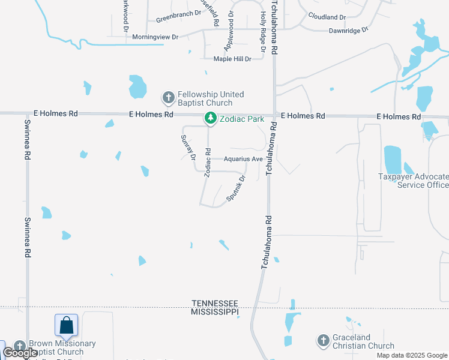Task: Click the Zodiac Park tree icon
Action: (x=210, y=119)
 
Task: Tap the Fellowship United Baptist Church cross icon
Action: (x=168, y=97)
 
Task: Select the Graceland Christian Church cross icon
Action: (x=323, y=341)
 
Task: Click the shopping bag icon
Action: (x=66, y=326)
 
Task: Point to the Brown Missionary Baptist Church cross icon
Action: (x=20, y=347)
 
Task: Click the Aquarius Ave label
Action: (x=243, y=159)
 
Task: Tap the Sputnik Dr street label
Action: (x=236, y=189)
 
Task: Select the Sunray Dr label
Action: (x=188, y=147)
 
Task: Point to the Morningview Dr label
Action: (x=155, y=37)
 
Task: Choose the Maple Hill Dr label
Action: (x=232, y=59)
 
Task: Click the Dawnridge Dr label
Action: (x=348, y=31)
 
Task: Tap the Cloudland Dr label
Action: (x=327, y=17)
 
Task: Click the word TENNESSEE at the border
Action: (x=215, y=304)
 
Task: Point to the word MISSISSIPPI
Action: (x=215, y=312)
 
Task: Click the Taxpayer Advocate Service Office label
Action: (x=413, y=181)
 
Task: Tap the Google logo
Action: (x=20, y=352)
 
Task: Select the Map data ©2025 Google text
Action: (x=412, y=355)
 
